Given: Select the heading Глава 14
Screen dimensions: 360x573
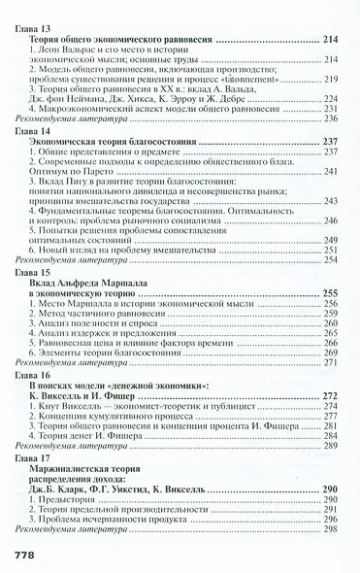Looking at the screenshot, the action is [x=36, y=130].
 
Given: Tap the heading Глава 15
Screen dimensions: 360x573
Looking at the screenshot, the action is [x=36, y=275].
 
